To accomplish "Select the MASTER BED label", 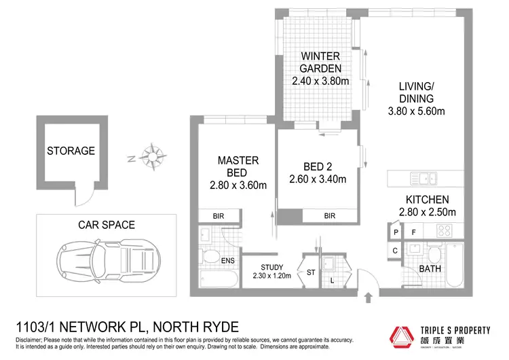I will pyautogui.click(x=238, y=167).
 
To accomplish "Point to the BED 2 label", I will pyautogui.click(x=318, y=167).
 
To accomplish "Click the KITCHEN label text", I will pyautogui.click(x=427, y=200).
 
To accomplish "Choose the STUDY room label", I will pyautogui.click(x=271, y=267).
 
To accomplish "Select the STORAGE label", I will pyautogui.click(x=71, y=151).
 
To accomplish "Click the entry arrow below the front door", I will pyautogui.click(x=369, y=296).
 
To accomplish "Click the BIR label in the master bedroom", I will pyautogui.click(x=217, y=216).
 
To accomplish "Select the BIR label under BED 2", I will pyautogui.click(x=330, y=216).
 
